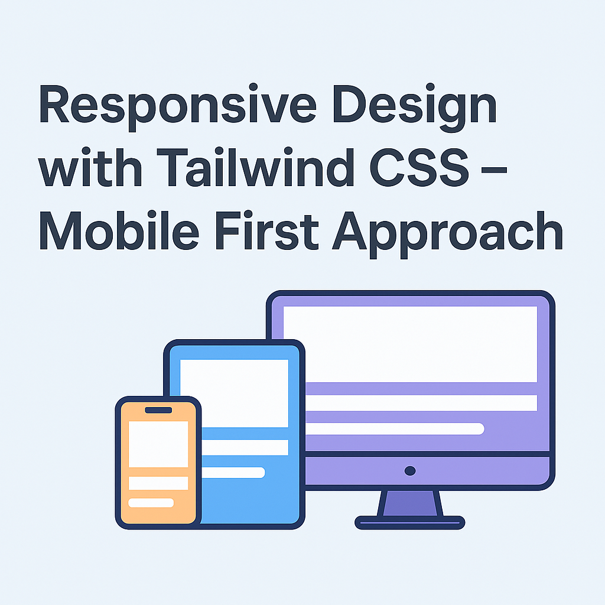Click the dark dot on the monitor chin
410,471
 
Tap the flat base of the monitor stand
410,522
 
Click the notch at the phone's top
158,410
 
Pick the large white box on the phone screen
158,444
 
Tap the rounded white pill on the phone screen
151,503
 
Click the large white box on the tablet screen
235,392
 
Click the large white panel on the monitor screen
410,344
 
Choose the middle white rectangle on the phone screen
158,483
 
